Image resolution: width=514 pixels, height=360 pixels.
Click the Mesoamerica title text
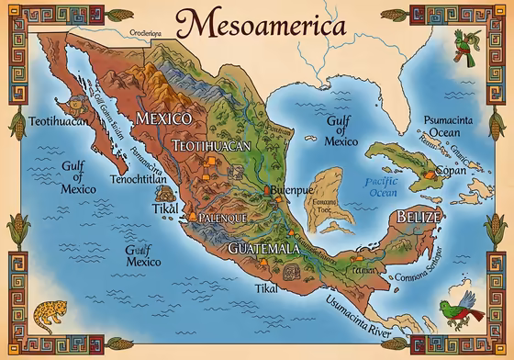click(257, 24)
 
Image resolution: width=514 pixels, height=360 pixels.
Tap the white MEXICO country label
click(162, 119)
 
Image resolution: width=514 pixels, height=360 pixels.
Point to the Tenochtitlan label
click(137, 181)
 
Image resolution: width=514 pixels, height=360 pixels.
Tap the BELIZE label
click(418, 217)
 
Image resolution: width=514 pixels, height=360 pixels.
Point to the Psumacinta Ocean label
click(453, 125)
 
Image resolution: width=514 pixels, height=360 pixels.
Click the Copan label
click(456, 172)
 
